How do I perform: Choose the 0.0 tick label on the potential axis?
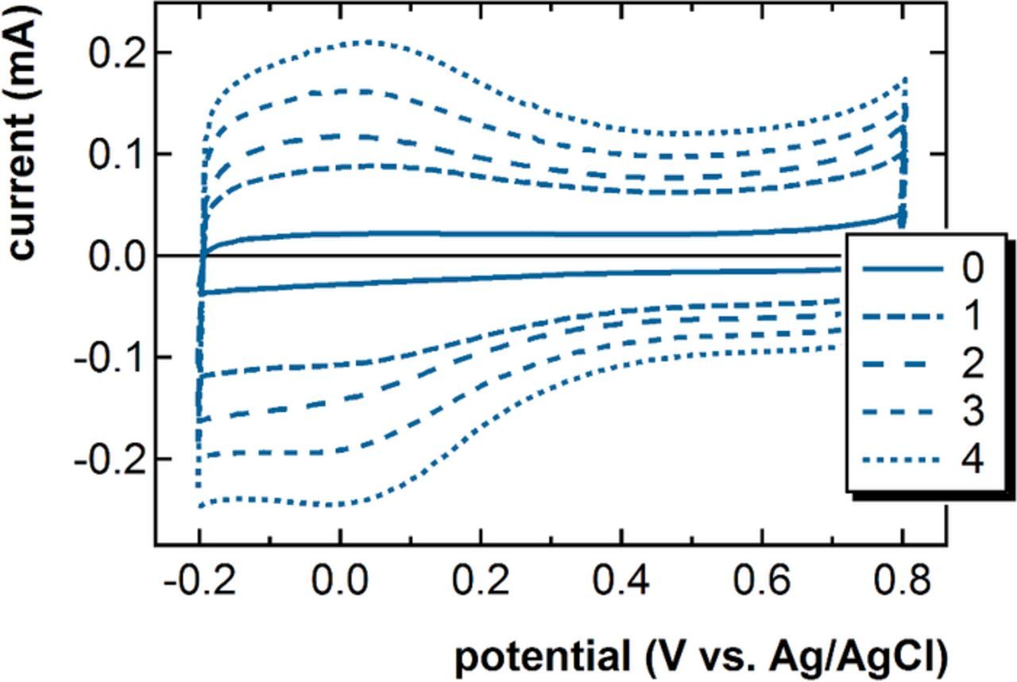click(339, 584)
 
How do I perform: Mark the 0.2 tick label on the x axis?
click(480, 584)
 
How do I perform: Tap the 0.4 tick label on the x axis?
click(621, 584)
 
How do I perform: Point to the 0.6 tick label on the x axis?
click(761, 584)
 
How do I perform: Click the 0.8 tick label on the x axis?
click(902, 584)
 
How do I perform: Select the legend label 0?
click(971, 269)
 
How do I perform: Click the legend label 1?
click(971, 316)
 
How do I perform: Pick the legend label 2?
click(971, 364)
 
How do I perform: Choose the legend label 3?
click(971, 411)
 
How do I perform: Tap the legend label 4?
click(971, 459)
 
